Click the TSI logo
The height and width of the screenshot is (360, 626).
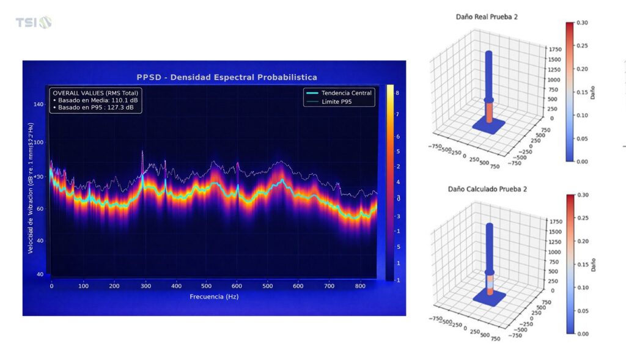33,23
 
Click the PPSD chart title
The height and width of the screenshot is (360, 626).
226,77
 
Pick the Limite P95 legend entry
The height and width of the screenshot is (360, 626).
338,101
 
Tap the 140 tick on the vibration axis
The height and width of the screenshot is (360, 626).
39,105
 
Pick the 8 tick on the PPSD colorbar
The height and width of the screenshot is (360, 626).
398,93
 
